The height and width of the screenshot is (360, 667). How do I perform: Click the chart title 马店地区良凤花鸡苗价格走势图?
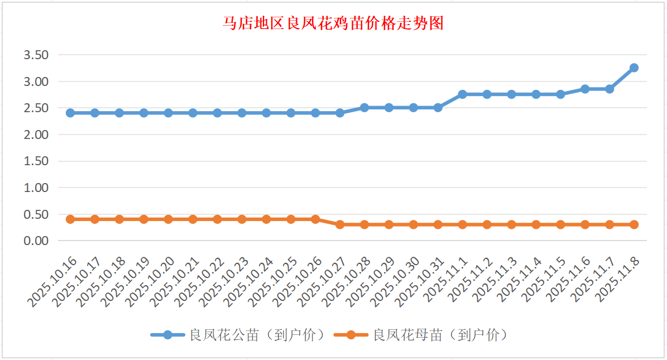333,23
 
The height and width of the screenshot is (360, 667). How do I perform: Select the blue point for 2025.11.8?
634,68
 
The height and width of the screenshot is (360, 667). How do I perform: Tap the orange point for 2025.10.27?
340,224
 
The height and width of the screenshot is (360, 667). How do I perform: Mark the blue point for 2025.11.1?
463,94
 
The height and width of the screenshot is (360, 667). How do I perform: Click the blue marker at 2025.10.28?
364,107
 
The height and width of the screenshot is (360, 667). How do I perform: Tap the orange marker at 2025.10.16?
70,219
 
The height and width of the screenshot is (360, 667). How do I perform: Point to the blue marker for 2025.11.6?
585,89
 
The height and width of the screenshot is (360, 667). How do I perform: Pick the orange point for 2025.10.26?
315,219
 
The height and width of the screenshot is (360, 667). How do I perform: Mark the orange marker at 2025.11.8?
634,224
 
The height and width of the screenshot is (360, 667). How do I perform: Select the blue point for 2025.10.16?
70,113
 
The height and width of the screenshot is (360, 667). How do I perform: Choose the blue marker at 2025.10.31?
438,107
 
